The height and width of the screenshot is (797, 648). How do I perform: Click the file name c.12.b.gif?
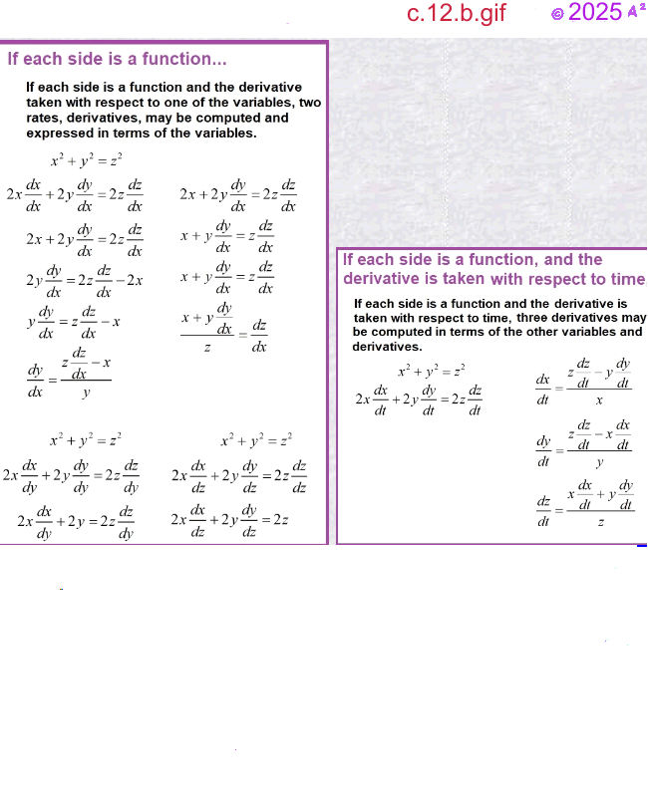click(456, 14)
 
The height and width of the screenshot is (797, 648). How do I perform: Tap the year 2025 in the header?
click(595, 13)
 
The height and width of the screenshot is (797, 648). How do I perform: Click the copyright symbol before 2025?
click(557, 14)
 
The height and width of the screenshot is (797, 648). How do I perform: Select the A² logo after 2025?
click(635, 11)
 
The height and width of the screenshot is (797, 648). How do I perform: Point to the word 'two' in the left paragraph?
click(309, 103)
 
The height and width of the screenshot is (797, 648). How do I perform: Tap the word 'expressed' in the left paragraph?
click(56, 133)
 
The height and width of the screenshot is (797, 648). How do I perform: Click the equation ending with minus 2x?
click(85, 280)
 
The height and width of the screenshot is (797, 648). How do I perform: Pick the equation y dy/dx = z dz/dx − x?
click(74, 322)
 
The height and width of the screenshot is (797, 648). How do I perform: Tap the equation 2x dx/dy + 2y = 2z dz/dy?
click(76, 520)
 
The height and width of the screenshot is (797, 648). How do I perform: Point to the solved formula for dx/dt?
click(585, 383)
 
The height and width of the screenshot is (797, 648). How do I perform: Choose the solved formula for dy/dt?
click(585, 444)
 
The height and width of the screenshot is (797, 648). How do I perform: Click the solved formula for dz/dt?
click(586, 503)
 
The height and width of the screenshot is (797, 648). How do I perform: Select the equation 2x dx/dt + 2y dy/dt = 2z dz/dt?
click(419, 399)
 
